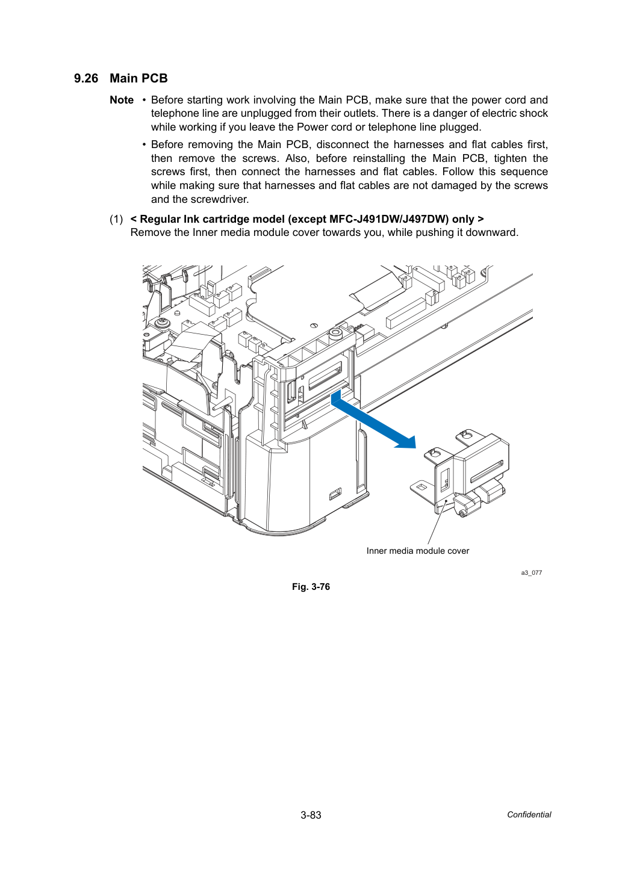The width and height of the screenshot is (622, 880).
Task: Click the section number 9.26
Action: tap(86, 79)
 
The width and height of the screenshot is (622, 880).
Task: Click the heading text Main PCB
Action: tap(138, 79)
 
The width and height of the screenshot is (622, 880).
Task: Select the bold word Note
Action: tap(122, 100)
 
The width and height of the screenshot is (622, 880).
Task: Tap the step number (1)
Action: tap(116, 219)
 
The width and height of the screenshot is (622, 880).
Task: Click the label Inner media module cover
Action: tap(418, 551)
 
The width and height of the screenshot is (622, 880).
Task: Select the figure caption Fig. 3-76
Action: tap(311, 587)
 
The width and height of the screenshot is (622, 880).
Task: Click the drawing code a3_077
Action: tap(531, 573)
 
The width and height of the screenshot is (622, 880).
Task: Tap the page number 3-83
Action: tap(311, 815)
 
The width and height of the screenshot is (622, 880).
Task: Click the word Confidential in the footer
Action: tap(529, 815)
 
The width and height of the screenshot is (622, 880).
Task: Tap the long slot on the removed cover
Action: tap(487, 471)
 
